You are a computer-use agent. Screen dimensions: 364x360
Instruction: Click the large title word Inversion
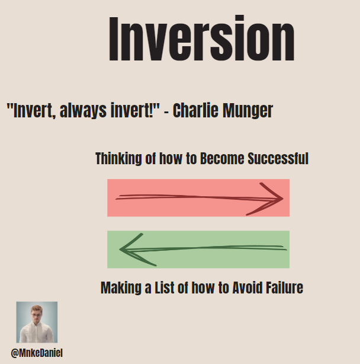pos(201,40)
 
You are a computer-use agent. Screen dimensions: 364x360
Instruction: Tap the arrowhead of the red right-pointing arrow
pos(274,198)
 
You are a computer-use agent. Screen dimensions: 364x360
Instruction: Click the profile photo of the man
pos(37,322)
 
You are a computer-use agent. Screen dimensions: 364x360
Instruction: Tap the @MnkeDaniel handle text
pos(37,353)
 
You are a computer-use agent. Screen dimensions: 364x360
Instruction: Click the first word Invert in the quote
pos(28,111)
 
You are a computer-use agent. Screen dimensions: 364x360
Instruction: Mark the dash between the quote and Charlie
pos(166,112)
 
